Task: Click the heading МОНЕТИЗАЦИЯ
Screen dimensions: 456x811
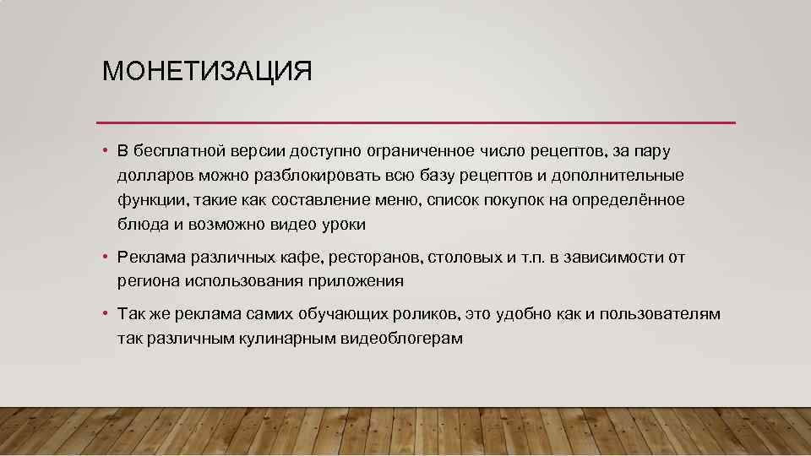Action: pos(207,71)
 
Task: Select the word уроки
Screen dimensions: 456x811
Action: pos(344,225)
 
